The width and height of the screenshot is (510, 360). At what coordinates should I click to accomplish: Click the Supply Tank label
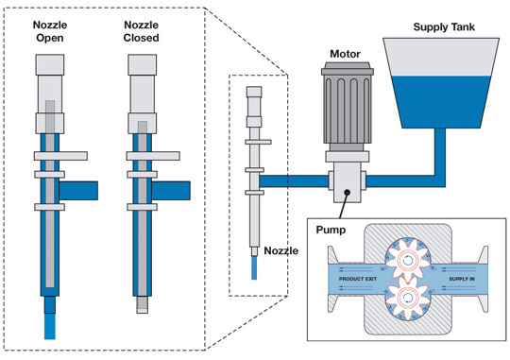click(444, 27)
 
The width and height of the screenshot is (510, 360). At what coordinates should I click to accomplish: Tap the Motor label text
click(345, 54)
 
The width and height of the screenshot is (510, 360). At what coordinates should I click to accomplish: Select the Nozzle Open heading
click(50, 31)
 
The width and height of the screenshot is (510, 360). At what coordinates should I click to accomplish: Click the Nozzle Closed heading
click(141, 31)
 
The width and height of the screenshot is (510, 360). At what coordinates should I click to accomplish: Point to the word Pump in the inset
click(331, 231)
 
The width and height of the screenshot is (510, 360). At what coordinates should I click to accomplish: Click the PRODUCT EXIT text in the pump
click(358, 279)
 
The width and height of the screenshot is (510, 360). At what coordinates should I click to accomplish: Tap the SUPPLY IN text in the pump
click(462, 279)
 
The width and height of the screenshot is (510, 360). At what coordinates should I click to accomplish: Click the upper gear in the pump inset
click(408, 260)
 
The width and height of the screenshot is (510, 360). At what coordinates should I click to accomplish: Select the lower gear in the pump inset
click(407, 298)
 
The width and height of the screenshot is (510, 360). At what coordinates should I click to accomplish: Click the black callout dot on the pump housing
click(347, 193)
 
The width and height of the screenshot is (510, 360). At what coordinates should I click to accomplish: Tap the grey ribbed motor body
click(347, 109)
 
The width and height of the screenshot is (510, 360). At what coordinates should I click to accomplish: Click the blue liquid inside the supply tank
click(441, 102)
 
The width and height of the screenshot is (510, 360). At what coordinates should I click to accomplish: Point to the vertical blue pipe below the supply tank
click(440, 152)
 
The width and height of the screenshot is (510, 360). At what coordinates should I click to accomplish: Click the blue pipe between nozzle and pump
click(294, 181)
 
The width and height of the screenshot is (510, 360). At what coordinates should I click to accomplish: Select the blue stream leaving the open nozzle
click(50, 326)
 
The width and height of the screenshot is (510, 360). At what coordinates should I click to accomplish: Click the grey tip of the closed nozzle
click(142, 304)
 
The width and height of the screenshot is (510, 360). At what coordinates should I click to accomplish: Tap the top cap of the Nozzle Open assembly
click(50, 65)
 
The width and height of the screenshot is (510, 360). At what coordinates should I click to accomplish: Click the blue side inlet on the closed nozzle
click(171, 191)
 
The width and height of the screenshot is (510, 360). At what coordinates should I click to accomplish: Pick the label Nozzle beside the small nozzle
click(281, 251)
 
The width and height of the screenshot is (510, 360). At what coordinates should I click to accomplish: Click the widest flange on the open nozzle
click(60, 156)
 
